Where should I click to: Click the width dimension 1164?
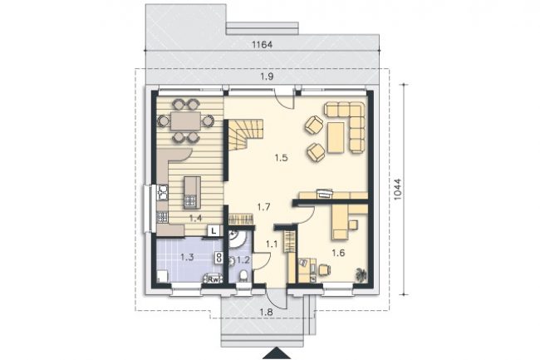coord(263,45)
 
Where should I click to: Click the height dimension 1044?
coord(397,189)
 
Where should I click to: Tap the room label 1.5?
coord(281,158)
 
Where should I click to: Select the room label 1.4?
coord(195,218)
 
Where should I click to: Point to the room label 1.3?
coord(188,257)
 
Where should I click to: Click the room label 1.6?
coord(338,254)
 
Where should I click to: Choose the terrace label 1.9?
coord(267,76)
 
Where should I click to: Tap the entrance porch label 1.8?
coord(266,313)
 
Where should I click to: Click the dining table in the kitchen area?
coord(186,121)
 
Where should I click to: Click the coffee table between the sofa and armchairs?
coord(336,137)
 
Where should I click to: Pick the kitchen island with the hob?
coord(192,193)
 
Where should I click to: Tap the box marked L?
coord(214,231)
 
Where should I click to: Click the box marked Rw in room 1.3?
coord(214,279)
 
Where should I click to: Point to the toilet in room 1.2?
coord(243,276)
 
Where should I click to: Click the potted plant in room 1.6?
coord(361,274)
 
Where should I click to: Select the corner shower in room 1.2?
coord(237,239)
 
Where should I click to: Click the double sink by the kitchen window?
coord(162,193)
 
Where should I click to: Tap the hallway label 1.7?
coord(264,207)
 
